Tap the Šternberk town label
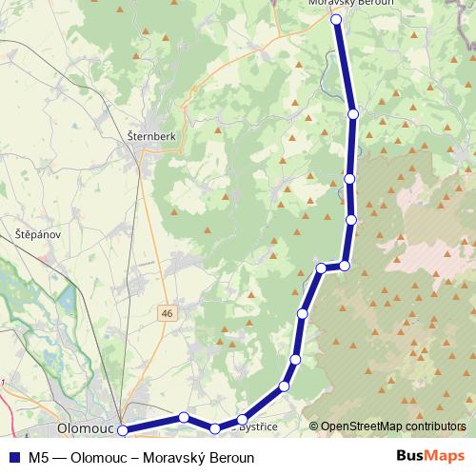click(x=151, y=136)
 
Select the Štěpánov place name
click(x=37, y=233)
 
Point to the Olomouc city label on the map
click(x=87, y=428)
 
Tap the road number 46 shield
click(x=168, y=312)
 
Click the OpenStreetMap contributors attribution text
click(x=393, y=426)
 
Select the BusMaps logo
click(x=430, y=457)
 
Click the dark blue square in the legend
click(x=13, y=458)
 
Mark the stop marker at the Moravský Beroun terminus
click(x=336, y=19)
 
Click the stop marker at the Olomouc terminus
click(x=123, y=431)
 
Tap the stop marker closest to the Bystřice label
click(x=243, y=420)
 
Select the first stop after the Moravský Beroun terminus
click(x=353, y=114)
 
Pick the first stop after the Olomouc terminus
click(x=184, y=417)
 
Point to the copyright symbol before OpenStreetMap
click(x=314, y=426)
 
